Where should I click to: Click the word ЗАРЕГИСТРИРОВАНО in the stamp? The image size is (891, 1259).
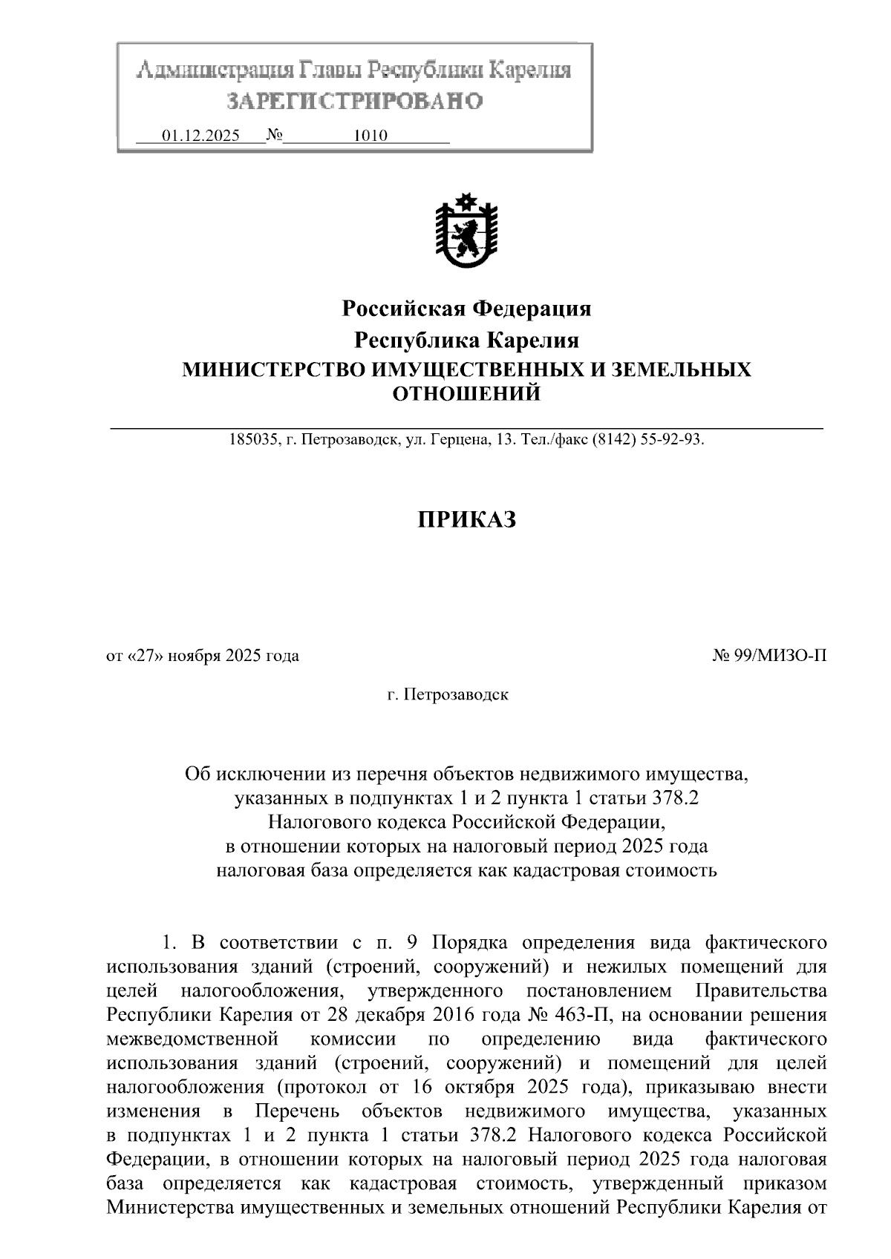(x=354, y=102)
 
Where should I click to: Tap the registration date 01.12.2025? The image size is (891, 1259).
(x=200, y=136)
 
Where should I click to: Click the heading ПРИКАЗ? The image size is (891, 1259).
(x=466, y=520)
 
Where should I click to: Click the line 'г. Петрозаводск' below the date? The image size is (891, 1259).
(x=448, y=695)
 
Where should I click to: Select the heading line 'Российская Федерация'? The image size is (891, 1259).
(x=466, y=308)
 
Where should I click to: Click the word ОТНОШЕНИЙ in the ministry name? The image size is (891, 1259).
(x=466, y=393)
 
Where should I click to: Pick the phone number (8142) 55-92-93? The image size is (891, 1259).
(x=647, y=440)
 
